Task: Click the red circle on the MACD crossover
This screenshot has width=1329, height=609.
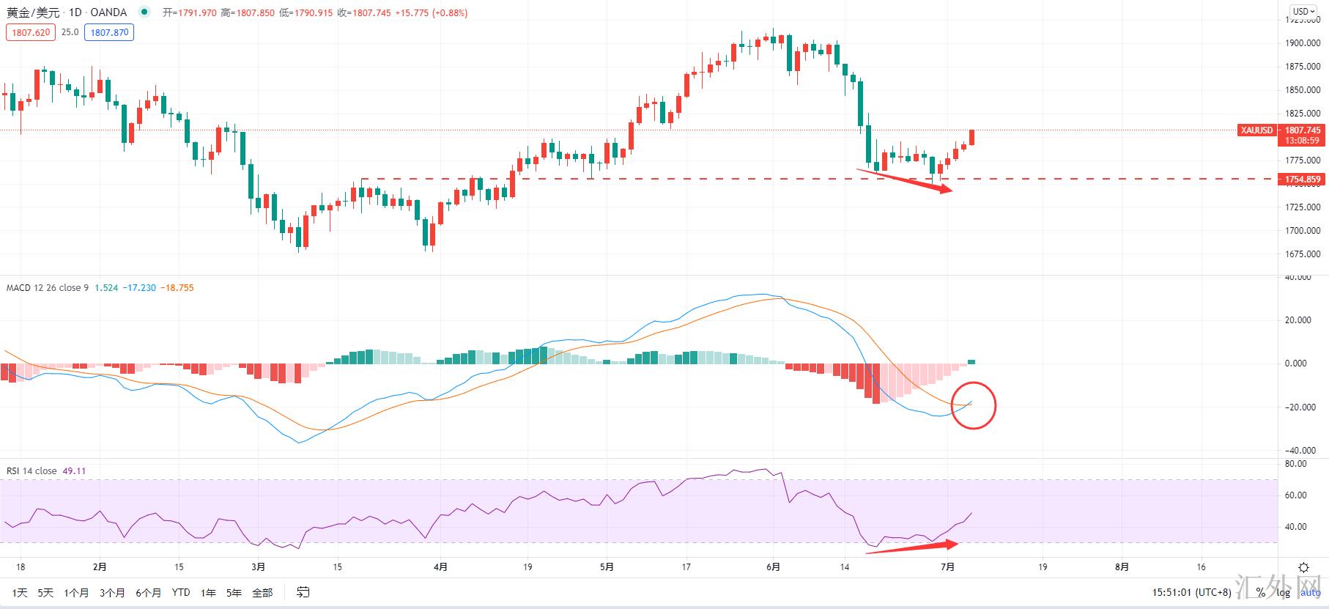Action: pos(974,405)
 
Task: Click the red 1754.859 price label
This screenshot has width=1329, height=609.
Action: pos(1302,180)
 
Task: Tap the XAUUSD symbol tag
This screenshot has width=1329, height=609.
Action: pos(1256,130)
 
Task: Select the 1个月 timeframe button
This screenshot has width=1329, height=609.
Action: pos(76,592)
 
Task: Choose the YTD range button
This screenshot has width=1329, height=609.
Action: pos(180,592)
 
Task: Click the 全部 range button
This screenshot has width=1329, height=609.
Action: pos(262,592)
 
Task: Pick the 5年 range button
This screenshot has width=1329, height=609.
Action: pos(234,592)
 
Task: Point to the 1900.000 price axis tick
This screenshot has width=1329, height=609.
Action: pos(1302,43)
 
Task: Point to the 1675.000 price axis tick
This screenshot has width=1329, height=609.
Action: pos(1302,254)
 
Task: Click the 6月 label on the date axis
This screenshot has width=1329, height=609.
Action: pos(773,566)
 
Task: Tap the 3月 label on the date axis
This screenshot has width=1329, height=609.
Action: pos(258,566)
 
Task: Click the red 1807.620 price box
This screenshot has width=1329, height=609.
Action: pos(30,32)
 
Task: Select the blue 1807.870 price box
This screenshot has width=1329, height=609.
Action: pos(109,32)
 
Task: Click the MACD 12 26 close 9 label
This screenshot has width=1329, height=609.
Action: pos(47,288)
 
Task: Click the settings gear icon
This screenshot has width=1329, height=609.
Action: pos(1303,567)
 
